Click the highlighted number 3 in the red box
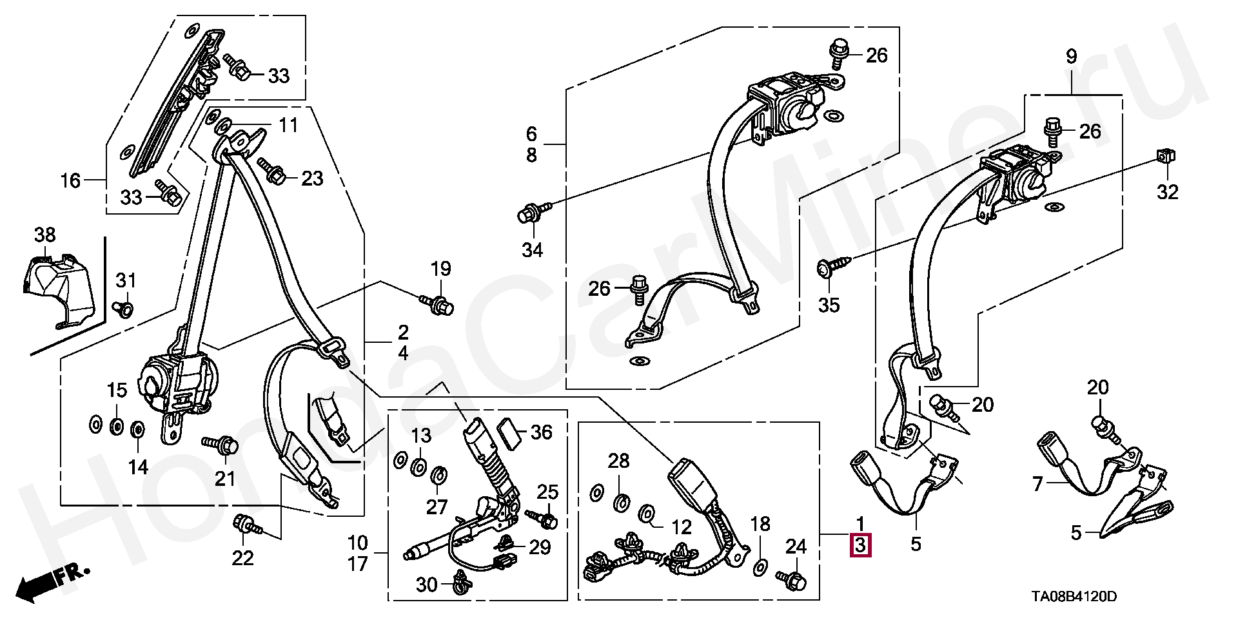[861, 546]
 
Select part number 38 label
[44, 235]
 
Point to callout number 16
[70, 180]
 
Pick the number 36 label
[541, 432]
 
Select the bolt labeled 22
[247, 525]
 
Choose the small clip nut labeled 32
[1164, 157]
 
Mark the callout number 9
[1070, 57]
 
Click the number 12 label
[682, 528]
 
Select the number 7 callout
[1037, 484]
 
